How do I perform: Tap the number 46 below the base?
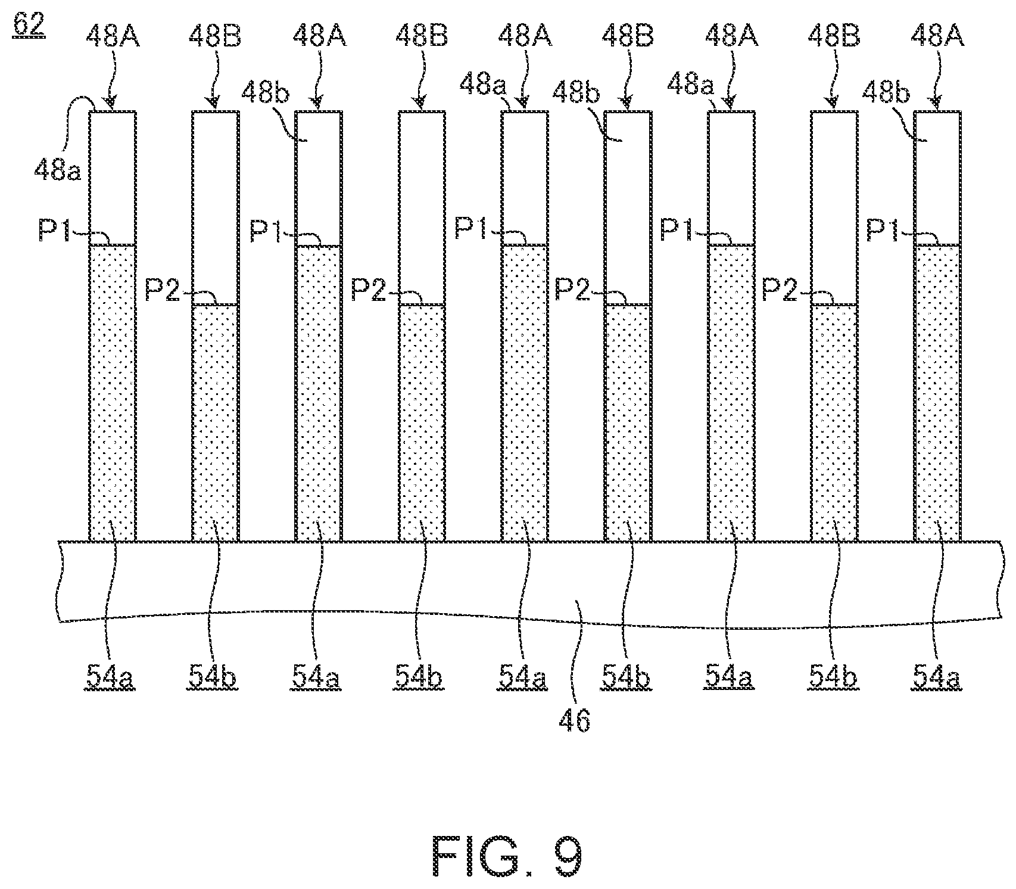(x=574, y=720)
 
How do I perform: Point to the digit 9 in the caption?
(x=563, y=857)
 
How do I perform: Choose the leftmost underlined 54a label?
(x=111, y=677)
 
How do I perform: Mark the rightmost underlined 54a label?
(x=936, y=677)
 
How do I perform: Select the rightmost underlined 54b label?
(x=833, y=677)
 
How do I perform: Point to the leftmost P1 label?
(x=55, y=231)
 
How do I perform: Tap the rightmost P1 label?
(x=882, y=231)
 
